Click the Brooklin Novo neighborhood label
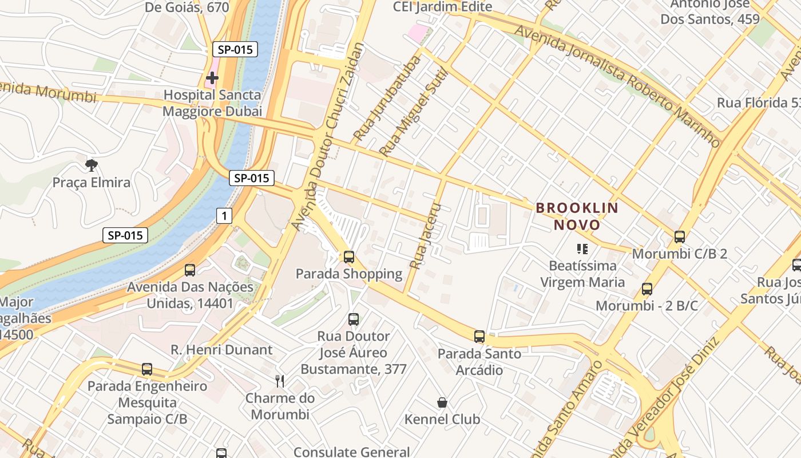tap(577, 216)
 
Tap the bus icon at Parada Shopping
tap(349, 257)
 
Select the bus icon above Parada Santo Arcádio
tap(479, 337)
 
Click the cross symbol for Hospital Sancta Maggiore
tap(212, 77)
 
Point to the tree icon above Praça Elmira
tap(91, 165)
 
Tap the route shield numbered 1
tap(224, 216)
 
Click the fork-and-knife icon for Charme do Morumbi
tap(280, 381)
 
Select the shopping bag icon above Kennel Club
tap(442, 402)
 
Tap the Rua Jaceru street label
tap(426, 236)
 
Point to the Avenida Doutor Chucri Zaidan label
tap(327, 137)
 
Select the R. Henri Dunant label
tap(221, 349)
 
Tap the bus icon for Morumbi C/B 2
tap(680, 236)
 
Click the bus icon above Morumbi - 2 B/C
tap(647, 289)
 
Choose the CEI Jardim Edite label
tap(442, 7)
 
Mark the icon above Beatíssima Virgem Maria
tap(582, 249)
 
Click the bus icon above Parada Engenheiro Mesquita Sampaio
tap(147, 369)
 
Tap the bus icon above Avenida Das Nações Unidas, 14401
tap(190, 270)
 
